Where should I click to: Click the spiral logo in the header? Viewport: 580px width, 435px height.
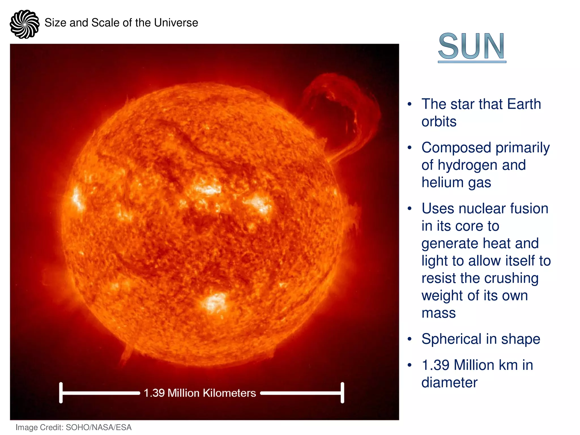[x=24, y=24]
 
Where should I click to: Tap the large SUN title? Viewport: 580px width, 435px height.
[x=472, y=46]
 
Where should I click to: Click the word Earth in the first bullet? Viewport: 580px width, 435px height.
[x=524, y=104]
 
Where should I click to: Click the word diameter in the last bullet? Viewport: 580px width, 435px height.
[x=449, y=383]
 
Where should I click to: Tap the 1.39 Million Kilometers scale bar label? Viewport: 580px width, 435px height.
[x=200, y=393]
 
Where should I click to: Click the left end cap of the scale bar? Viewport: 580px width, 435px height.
[x=61, y=393]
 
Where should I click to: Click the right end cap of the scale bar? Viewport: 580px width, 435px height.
[x=342, y=393]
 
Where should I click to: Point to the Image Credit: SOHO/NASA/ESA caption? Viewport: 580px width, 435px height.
[x=73, y=427]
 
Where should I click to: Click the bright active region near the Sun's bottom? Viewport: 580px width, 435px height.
[x=215, y=303]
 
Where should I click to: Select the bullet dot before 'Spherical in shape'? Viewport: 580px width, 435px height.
[x=409, y=339]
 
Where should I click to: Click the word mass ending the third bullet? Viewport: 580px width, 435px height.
[x=438, y=313]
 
